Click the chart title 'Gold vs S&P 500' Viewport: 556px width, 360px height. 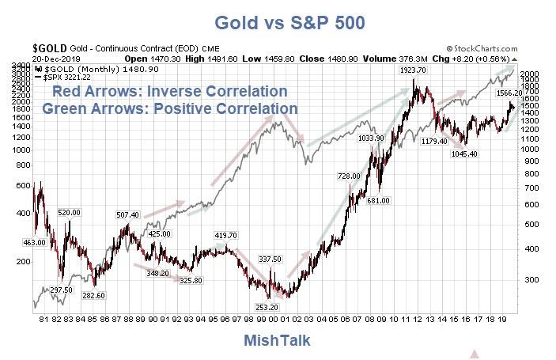point(278,22)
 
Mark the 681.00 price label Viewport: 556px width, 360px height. point(380,201)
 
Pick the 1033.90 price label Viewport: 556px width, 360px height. point(371,138)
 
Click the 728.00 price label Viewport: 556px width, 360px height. point(348,176)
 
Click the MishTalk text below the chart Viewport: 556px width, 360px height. point(278,340)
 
